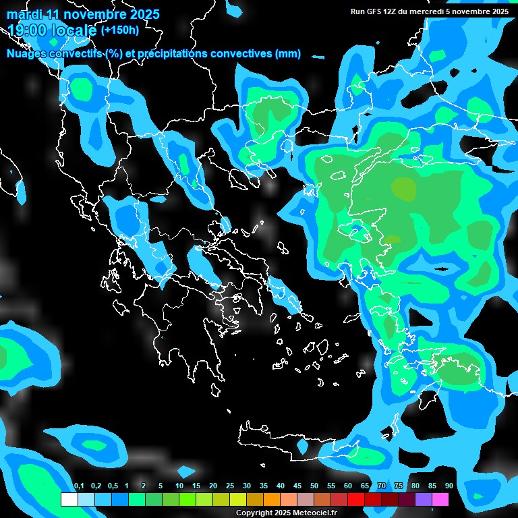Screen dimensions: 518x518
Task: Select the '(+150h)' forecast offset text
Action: point(119,30)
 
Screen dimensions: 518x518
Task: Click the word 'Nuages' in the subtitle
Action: point(27,54)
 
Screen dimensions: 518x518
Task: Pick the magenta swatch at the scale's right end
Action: point(440,499)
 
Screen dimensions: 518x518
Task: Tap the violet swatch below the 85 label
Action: point(424,499)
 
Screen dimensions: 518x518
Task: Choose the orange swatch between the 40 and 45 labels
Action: point(289,499)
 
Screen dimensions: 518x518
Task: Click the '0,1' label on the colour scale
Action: point(79,486)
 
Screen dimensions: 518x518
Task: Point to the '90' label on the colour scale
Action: point(449,486)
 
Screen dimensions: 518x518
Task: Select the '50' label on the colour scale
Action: point(314,486)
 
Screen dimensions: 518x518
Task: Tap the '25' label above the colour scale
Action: point(230,486)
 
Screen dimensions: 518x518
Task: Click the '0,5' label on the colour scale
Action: point(113,486)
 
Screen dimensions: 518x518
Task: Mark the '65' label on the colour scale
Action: point(365,486)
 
